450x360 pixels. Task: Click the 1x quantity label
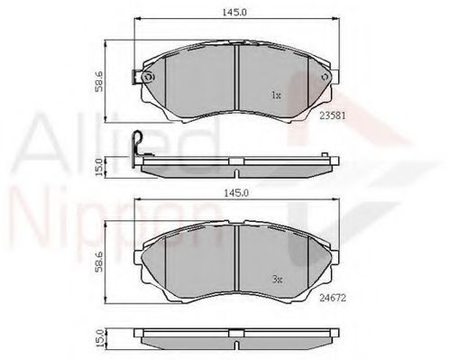point(276,94)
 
